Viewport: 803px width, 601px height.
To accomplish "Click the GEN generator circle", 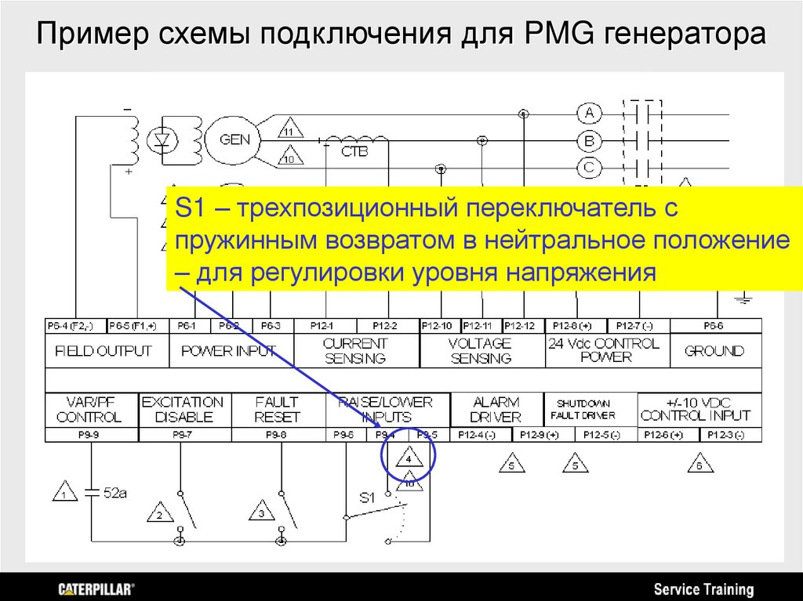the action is (x=235, y=140).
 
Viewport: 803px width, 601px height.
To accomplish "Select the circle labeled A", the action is (x=589, y=114).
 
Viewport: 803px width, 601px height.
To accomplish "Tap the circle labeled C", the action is (x=589, y=167).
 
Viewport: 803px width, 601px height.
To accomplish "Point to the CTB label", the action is (x=354, y=151).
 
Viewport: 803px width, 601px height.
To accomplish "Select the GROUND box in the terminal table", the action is (x=714, y=351).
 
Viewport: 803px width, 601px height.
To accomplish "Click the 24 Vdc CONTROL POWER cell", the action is (x=607, y=350).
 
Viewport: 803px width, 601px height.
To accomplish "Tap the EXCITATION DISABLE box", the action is (x=183, y=409).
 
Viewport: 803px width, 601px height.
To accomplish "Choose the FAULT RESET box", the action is (x=278, y=409).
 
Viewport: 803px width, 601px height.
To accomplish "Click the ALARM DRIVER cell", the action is (x=496, y=409).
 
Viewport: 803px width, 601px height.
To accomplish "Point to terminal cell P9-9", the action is (x=92, y=434).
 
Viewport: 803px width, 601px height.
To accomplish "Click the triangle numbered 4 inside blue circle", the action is (x=409, y=458).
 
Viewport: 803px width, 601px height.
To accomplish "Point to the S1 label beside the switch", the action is (x=367, y=497).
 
